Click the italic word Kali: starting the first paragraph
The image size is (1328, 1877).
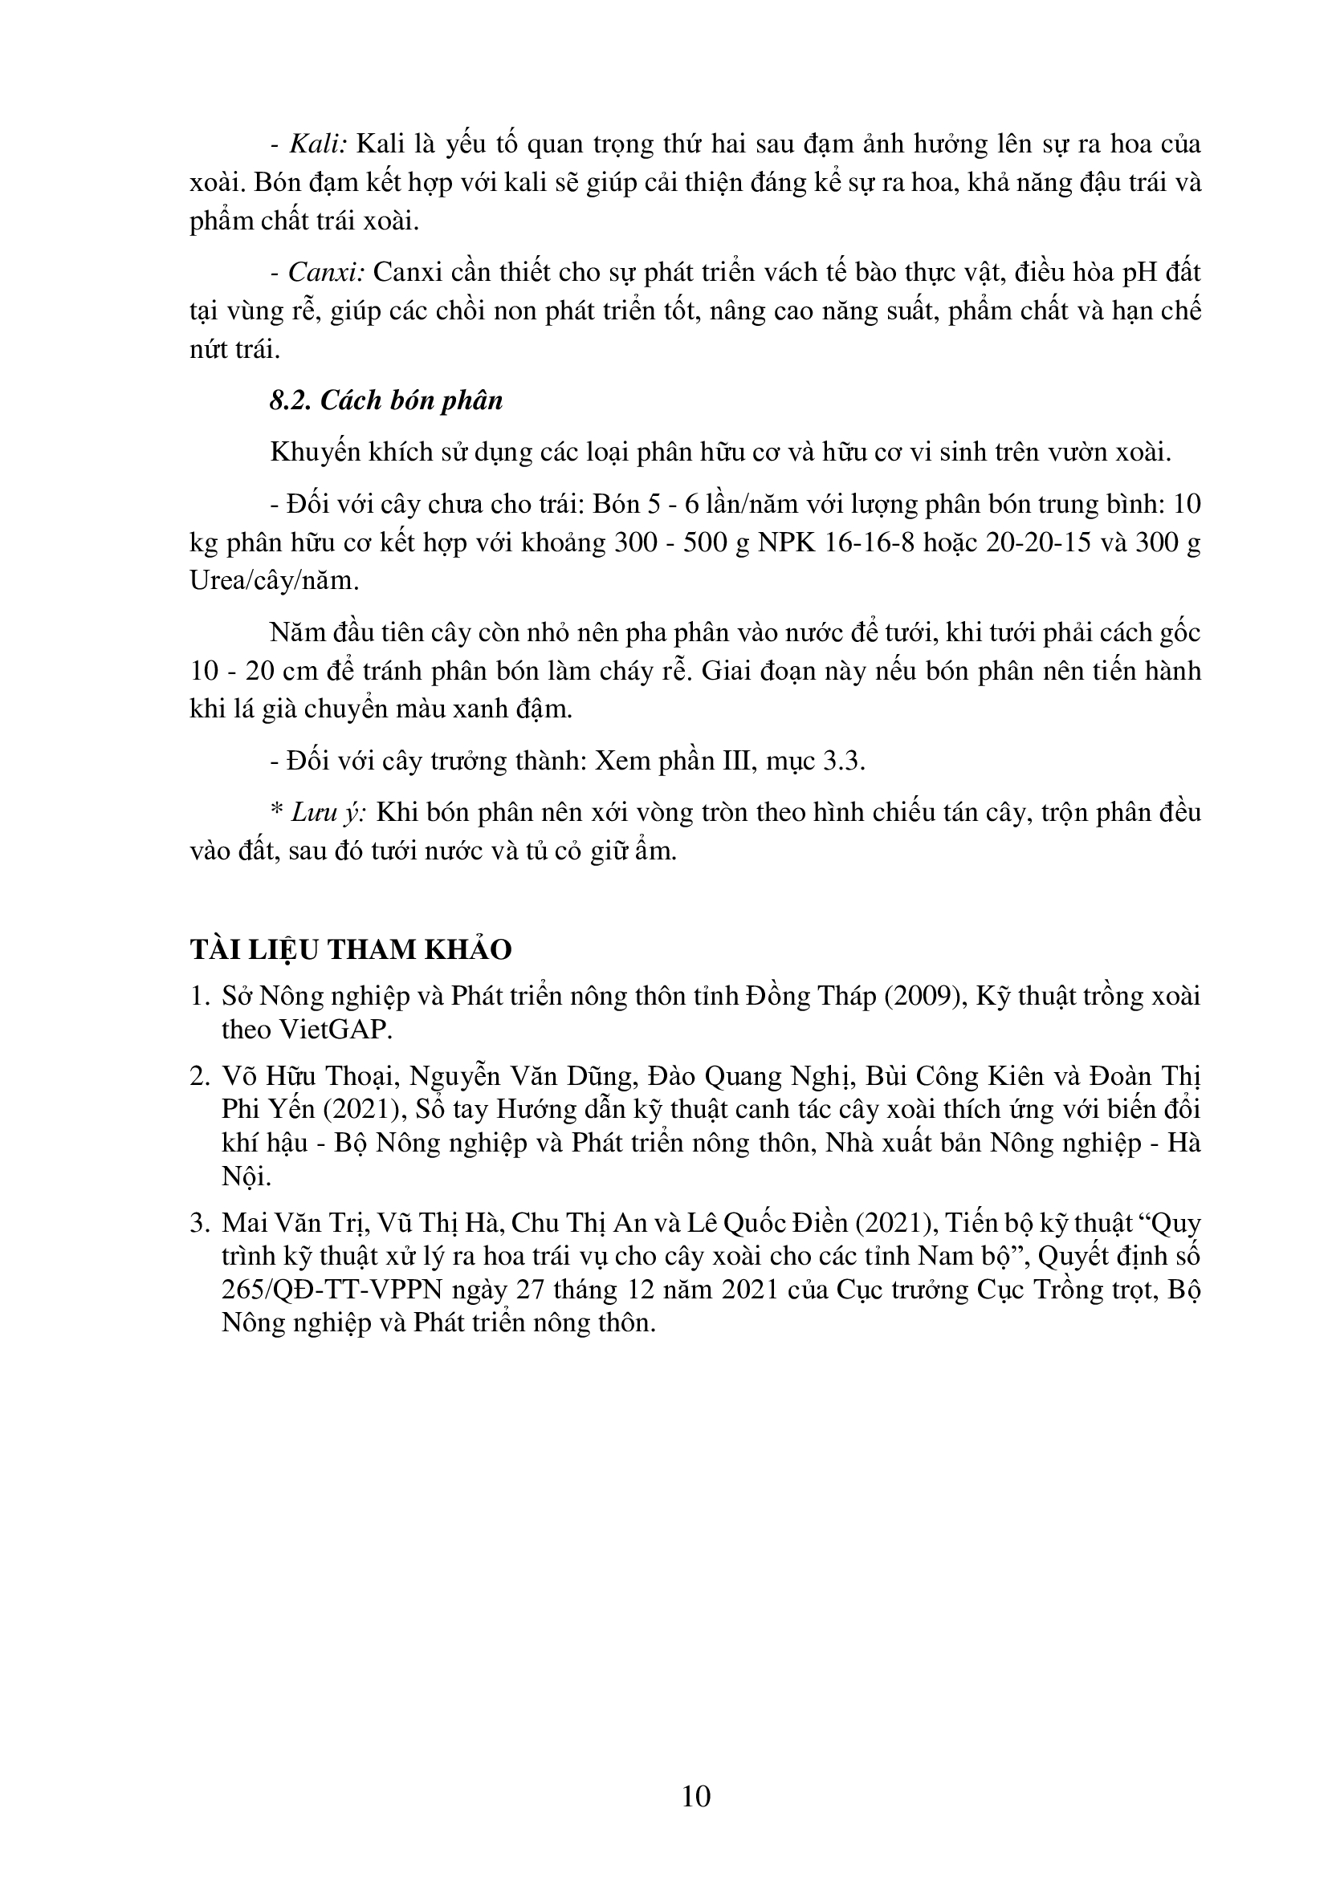(320, 144)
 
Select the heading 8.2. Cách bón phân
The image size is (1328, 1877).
(386, 400)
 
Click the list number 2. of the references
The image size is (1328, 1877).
(201, 1077)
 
